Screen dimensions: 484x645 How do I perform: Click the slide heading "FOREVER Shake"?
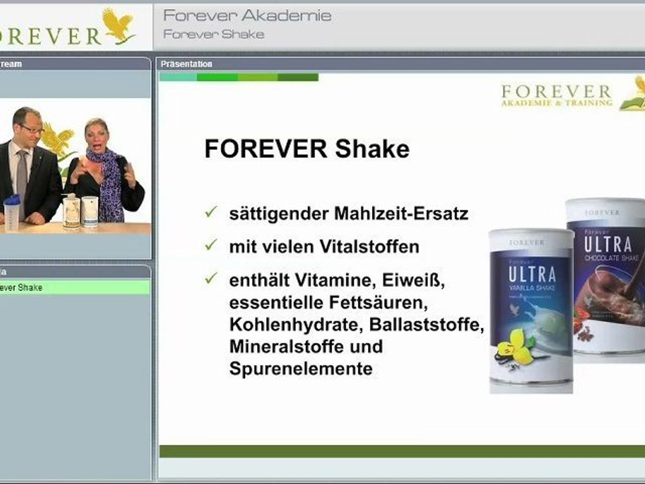[306, 149]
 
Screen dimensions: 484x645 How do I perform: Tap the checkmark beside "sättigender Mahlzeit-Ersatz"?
[211, 213]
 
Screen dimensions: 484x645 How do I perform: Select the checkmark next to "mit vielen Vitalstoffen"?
[211, 246]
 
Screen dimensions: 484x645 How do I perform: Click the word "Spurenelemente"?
[300, 369]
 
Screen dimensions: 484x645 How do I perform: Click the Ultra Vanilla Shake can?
[530, 309]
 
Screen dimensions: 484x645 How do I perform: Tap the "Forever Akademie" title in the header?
[247, 15]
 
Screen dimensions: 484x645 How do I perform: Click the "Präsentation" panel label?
[186, 64]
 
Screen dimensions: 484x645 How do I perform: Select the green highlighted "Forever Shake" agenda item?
[74, 288]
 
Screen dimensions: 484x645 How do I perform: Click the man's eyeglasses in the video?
[31, 127]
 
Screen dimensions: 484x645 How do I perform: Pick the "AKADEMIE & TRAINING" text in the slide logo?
[556, 103]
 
